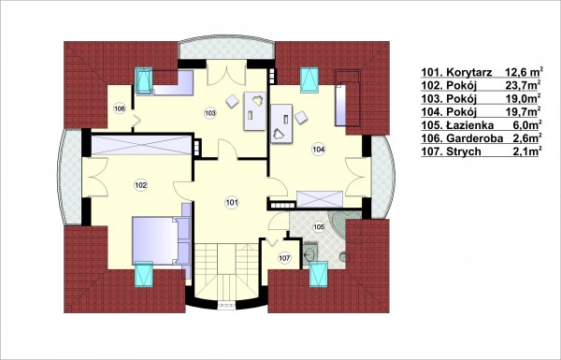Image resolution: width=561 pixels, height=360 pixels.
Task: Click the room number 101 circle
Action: (232, 203)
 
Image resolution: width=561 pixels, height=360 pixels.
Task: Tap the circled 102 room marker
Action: (140, 185)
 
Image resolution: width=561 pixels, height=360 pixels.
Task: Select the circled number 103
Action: (210, 113)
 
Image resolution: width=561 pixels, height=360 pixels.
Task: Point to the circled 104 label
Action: (318, 149)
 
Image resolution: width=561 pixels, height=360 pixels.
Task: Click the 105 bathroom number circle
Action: (319, 226)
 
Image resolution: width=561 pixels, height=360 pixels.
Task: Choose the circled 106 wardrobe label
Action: (120, 108)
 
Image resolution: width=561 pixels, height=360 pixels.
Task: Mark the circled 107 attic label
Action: (284, 258)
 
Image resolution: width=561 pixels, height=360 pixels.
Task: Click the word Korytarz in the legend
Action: (469, 72)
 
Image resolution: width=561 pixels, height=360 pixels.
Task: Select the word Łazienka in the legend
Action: (470, 125)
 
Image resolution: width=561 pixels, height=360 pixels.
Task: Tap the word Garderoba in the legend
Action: (475, 138)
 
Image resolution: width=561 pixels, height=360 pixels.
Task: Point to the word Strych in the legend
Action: (464, 151)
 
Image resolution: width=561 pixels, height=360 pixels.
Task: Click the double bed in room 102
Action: (161, 240)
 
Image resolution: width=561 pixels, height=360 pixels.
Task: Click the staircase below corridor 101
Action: (226, 274)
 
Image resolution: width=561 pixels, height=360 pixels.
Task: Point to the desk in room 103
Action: (254, 111)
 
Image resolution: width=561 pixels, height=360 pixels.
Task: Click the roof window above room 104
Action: (309, 79)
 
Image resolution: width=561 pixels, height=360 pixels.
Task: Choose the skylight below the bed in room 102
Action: (143, 275)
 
